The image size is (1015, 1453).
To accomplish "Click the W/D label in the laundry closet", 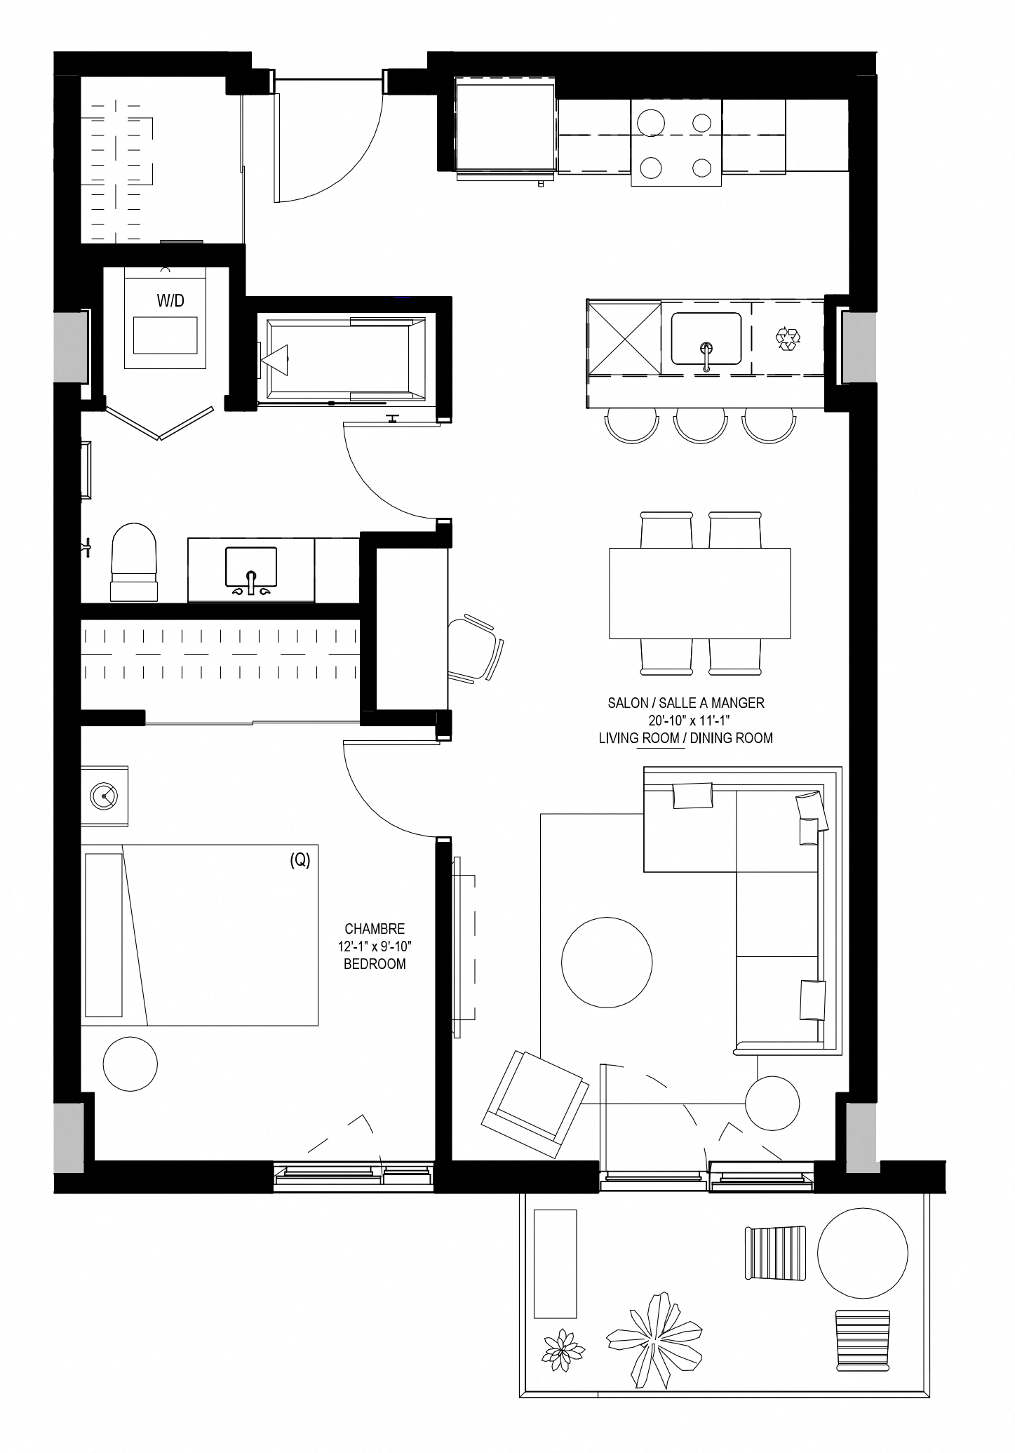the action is [x=170, y=301].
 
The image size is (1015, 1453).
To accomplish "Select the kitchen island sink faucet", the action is [x=706, y=355].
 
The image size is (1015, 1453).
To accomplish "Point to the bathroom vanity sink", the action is [x=251, y=568].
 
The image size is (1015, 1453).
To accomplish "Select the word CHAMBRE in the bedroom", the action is [x=375, y=929].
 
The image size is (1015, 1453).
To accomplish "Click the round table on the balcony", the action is [x=862, y=1253].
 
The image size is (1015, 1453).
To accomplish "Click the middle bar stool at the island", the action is [x=700, y=425].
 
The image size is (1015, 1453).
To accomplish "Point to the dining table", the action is [x=700, y=594].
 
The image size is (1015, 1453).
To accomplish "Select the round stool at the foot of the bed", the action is [x=130, y=1064].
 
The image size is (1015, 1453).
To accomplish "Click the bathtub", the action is [x=347, y=360].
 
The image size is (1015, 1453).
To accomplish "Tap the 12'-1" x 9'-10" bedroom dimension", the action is [x=375, y=946].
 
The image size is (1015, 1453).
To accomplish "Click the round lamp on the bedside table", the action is [x=104, y=796].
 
